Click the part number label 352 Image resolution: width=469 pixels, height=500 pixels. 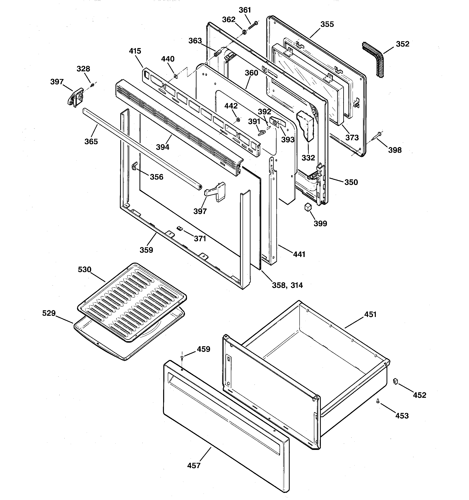pos(402,44)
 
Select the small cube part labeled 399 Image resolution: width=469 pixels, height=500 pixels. pos(308,207)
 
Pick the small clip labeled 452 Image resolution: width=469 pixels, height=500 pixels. pos(395,381)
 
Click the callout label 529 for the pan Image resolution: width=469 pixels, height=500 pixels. pos(49,313)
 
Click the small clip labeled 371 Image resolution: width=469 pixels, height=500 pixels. pos(180,228)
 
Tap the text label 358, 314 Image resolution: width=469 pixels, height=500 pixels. pos(287,285)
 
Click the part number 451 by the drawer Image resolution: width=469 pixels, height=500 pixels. pos(370,314)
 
